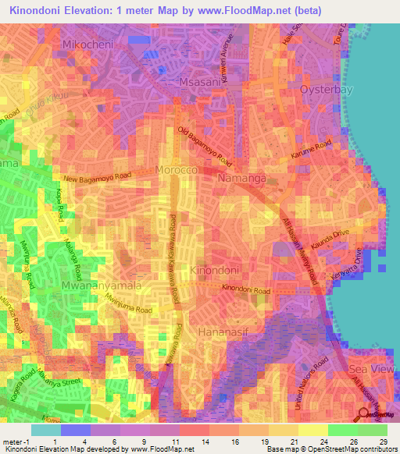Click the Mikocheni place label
(x=88, y=44)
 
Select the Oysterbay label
(x=327, y=90)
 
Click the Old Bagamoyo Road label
(x=205, y=147)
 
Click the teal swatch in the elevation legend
(x=46, y=430)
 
